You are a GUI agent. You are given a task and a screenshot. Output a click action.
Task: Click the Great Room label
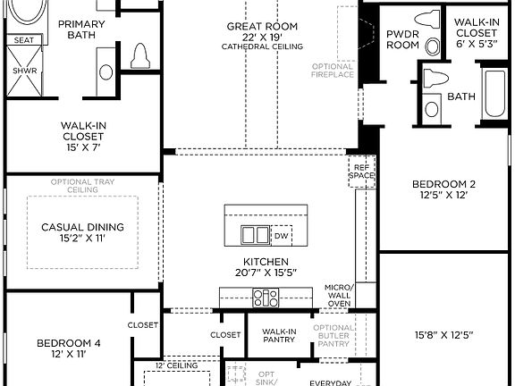[262, 27]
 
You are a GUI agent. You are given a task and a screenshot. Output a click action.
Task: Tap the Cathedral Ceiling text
[262, 46]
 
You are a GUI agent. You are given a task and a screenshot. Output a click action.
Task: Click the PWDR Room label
[402, 38]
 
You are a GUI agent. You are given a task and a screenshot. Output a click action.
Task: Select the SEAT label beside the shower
[22, 40]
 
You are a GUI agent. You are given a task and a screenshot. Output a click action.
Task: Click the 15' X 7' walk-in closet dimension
[82, 148]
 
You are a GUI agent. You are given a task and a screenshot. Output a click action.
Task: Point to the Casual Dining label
[82, 227]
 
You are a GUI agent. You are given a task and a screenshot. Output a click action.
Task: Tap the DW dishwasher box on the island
[281, 236]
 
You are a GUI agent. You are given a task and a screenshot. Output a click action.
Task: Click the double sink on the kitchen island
[256, 235]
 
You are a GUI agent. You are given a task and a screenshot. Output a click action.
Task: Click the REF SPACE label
[360, 172]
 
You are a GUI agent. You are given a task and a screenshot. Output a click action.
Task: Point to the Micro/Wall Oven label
[340, 296]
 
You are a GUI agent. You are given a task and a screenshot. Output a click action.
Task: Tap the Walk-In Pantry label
[279, 335]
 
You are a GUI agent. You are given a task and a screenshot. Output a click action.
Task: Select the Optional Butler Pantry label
[334, 335]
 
